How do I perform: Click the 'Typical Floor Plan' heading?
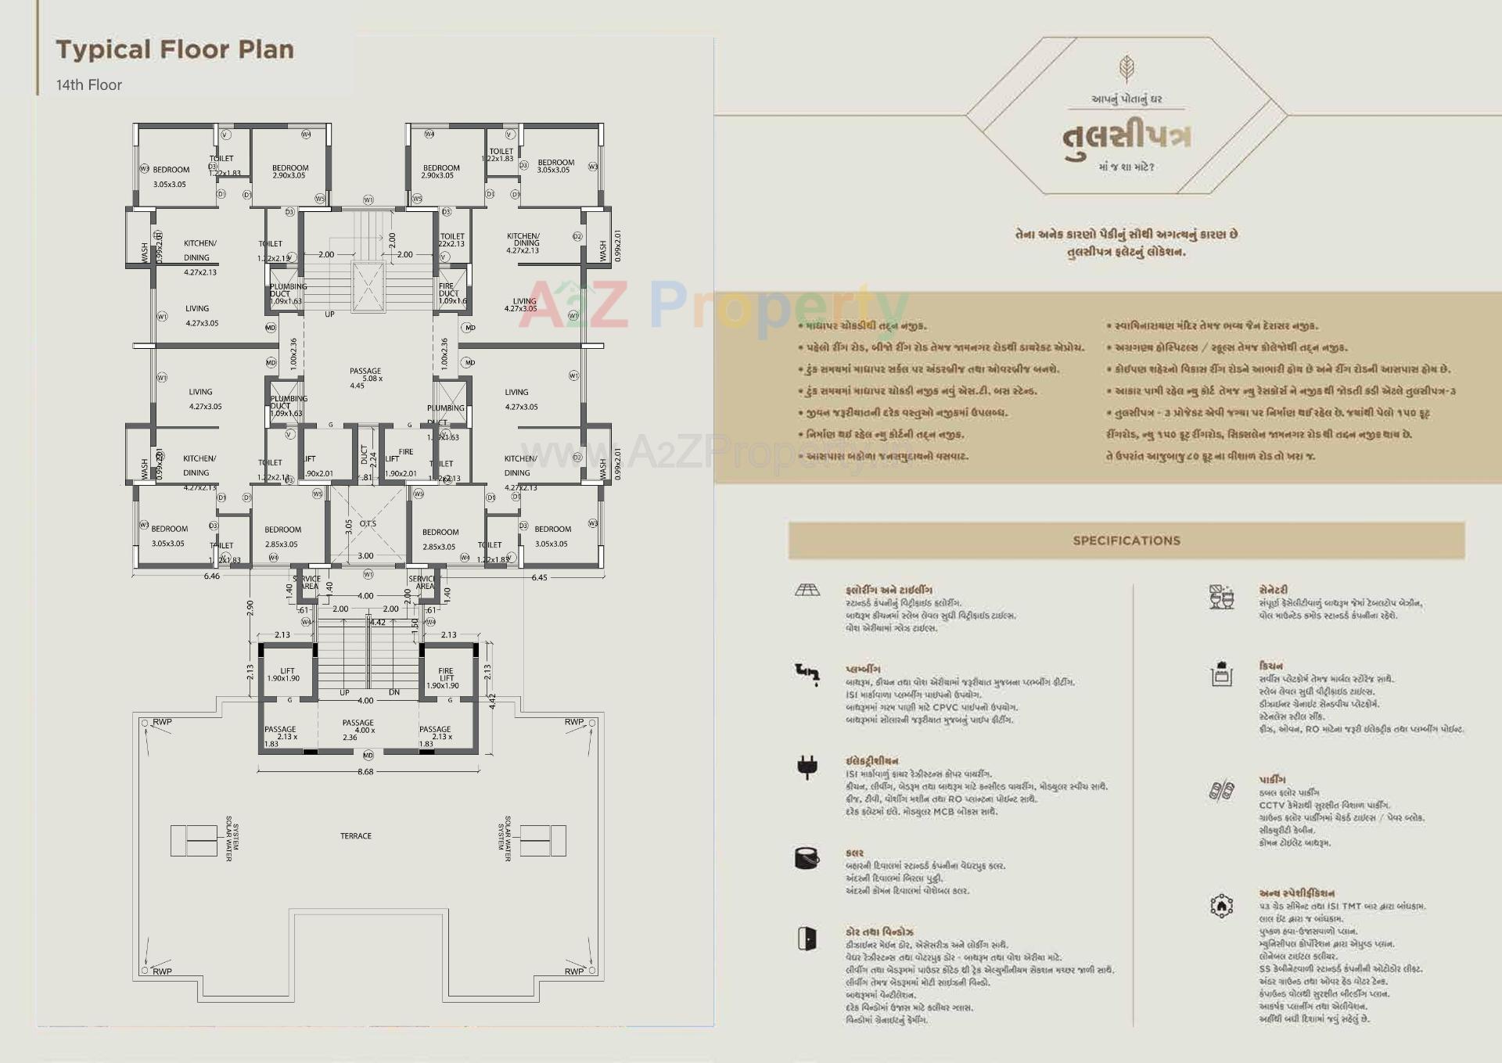[174, 50]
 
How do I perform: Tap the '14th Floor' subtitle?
[88, 85]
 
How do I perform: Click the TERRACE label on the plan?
[356, 836]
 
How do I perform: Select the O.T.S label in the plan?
[368, 523]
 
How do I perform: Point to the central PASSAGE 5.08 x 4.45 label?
[365, 378]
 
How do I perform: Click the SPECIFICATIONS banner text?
[1126, 540]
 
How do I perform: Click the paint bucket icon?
[806, 858]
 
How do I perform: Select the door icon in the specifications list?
[807, 938]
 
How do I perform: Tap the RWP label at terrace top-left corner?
[162, 722]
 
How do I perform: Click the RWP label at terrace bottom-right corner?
[574, 971]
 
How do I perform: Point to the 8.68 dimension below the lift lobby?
[365, 771]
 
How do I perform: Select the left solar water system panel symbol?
[194, 841]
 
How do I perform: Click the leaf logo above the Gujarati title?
[1126, 69]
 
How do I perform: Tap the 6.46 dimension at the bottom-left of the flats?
[212, 576]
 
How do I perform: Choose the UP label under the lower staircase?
[344, 693]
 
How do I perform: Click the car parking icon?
[1220, 791]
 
